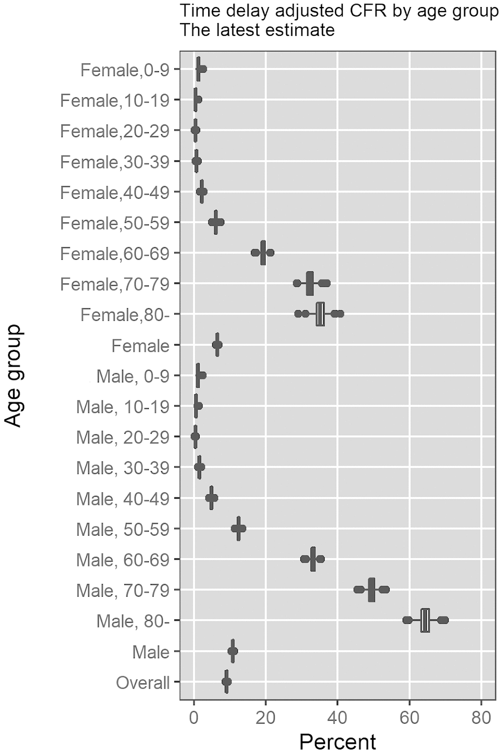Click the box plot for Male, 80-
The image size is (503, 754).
point(425,620)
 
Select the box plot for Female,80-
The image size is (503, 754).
point(320,314)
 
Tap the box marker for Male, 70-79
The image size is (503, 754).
point(371,590)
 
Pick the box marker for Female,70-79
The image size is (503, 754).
point(309,283)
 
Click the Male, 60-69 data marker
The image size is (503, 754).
point(313,559)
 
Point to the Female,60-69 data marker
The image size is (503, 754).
point(263,253)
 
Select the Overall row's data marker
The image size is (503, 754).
point(226,682)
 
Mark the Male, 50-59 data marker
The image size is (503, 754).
point(238,529)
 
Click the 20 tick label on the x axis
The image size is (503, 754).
point(266,717)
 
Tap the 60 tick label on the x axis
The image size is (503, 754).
point(409,717)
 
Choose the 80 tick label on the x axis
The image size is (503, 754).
point(481,717)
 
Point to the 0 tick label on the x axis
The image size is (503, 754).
point(194,717)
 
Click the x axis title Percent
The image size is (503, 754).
point(337,741)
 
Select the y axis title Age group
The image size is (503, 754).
point(14,376)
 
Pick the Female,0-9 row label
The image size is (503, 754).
point(124,70)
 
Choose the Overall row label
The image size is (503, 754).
point(143,682)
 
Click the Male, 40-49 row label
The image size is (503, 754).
point(122,498)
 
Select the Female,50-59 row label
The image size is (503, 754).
point(114,223)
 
